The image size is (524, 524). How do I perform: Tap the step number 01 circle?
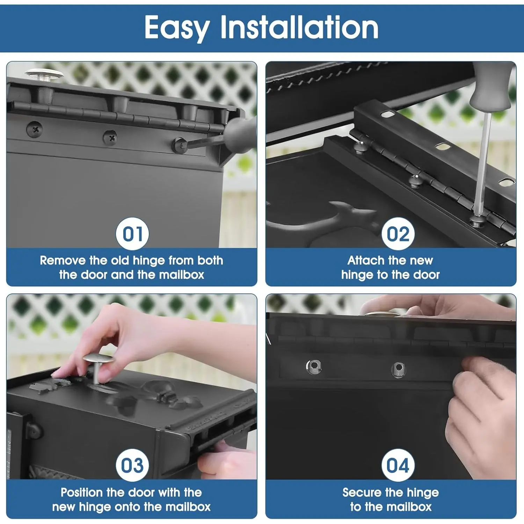pyautogui.click(x=132, y=234)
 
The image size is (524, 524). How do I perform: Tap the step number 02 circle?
pyautogui.click(x=398, y=234)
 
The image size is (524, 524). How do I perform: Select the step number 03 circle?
pyautogui.click(x=132, y=465)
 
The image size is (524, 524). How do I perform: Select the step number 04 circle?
pyautogui.click(x=398, y=465)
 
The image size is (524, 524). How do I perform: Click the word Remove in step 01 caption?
pyautogui.click(x=63, y=260)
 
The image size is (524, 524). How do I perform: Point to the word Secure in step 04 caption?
pyautogui.click(x=362, y=492)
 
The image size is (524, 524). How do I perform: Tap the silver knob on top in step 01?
pyautogui.click(x=44, y=75)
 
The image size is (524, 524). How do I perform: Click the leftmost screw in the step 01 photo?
pyautogui.click(x=35, y=130)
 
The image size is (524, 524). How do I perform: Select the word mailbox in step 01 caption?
pyautogui.click(x=181, y=275)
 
